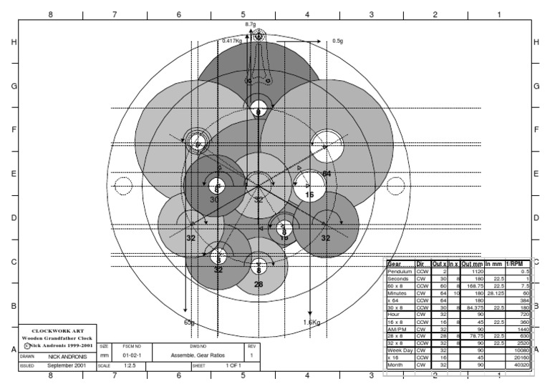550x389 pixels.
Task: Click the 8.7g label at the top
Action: tap(250, 24)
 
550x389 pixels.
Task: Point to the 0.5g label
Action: tap(339, 41)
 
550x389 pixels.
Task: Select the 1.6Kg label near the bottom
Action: tap(312, 322)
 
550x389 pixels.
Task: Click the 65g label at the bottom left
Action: tap(190, 322)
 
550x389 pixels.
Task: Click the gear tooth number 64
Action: tap(327, 174)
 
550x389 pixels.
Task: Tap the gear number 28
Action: tap(259, 285)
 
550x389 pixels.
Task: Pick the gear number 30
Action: tap(214, 200)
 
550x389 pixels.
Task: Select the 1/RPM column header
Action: tap(518, 264)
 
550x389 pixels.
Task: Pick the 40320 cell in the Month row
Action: tap(521, 365)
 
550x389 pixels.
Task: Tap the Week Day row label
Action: tap(400, 350)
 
